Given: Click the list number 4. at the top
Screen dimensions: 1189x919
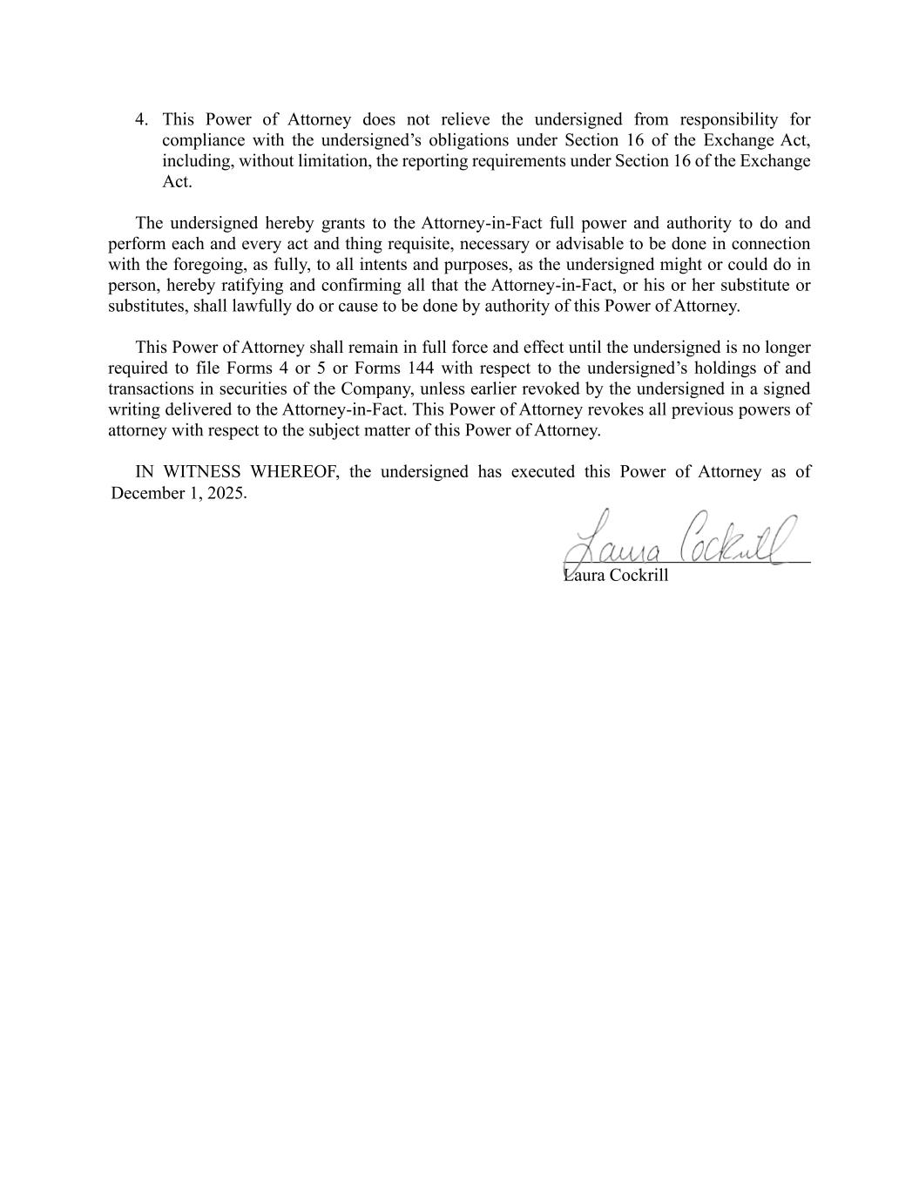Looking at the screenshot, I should pyautogui.click(x=142, y=119).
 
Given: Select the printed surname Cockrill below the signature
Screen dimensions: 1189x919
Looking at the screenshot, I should pyautogui.click(x=639, y=575).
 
